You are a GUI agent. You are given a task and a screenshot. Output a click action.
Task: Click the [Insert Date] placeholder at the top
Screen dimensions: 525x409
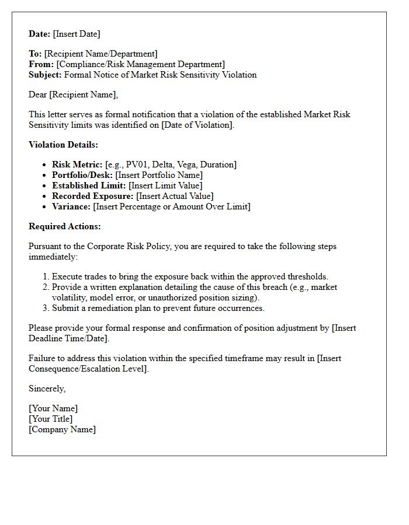click(x=77, y=34)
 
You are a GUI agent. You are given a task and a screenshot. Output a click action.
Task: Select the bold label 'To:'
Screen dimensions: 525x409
click(x=35, y=54)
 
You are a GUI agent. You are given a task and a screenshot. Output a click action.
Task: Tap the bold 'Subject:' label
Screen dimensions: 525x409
click(x=45, y=75)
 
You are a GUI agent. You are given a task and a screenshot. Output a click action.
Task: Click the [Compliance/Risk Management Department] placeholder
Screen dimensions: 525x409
click(x=140, y=64)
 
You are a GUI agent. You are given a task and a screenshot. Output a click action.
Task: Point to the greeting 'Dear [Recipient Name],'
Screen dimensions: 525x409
click(x=73, y=94)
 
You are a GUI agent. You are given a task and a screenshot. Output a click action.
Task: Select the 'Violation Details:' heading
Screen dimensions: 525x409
click(x=63, y=145)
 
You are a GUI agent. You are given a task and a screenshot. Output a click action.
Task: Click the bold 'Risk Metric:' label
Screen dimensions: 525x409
click(x=77, y=164)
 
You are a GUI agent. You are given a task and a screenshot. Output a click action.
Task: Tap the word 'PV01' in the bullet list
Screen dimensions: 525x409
click(x=137, y=164)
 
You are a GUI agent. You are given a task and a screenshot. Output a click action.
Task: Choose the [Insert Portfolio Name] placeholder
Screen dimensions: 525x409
click(x=159, y=175)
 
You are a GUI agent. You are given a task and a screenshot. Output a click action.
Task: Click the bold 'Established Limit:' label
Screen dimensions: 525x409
click(x=89, y=185)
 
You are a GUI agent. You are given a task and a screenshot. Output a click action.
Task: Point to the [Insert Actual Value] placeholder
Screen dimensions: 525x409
click(x=175, y=196)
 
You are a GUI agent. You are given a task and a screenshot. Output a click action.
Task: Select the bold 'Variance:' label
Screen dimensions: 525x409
click(x=71, y=206)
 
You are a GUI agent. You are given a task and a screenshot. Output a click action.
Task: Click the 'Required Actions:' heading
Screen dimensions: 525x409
click(x=64, y=226)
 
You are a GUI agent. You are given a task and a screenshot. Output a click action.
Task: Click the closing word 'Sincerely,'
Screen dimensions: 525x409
click(x=47, y=388)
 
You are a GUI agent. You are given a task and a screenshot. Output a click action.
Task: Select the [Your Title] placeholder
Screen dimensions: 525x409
click(x=50, y=419)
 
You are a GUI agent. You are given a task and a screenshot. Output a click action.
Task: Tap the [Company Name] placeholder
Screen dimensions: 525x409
click(x=62, y=429)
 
